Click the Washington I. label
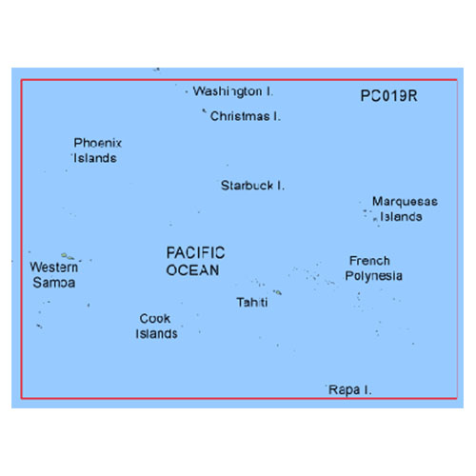pyautogui.click(x=233, y=91)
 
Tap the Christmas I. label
pyautogui.click(x=246, y=116)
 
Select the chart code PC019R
pyautogui.click(x=388, y=96)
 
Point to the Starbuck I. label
pyautogui.click(x=252, y=186)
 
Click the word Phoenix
pyautogui.click(x=98, y=143)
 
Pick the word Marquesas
pyautogui.click(x=405, y=201)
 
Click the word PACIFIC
pyautogui.click(x=195, y=253)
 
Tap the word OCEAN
pyautogui.click(x=192, y=270)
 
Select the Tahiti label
pyautogui.click(x=252, y=302)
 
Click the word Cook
pyautogui.click(x=155, y=318)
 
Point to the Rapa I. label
pyautogui.click(x=349, y=389)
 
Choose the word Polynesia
pyautogui.click(x=373, y=276)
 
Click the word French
pyautogui.click(x=369, y=261)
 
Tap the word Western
pyautogui.click(x=54, y=268)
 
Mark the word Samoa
pyautogui.click(x=54, y=283)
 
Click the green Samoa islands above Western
pyautogui.click(x=68, y=256)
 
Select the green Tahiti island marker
pyautogui.click(x=278, y=292)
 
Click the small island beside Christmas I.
pyautogui.click(x=205, y=111)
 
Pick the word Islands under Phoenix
pyautogui.click(x=95, y=158)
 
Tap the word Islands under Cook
pyautogui.click(x=156, y=334)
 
